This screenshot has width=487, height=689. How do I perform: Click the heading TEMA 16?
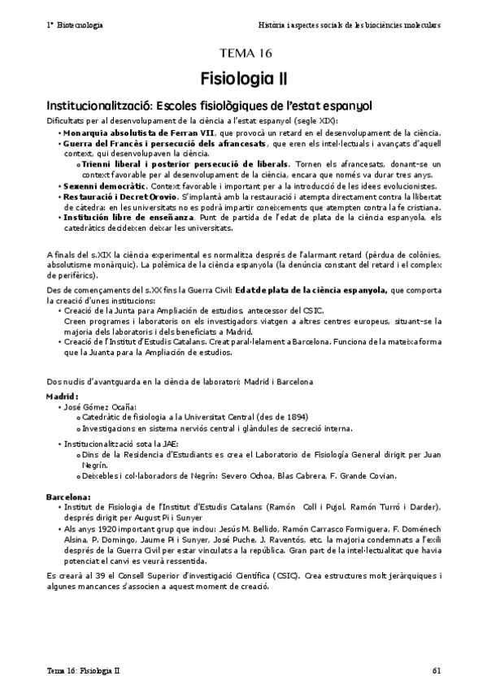click(243, 54)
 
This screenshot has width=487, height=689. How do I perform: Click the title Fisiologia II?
click(243, 79)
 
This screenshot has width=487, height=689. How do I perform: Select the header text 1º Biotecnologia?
click(75, 25)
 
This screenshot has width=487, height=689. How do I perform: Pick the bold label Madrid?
click(63, 396)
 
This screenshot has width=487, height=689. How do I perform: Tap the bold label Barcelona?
click(69, 496)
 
